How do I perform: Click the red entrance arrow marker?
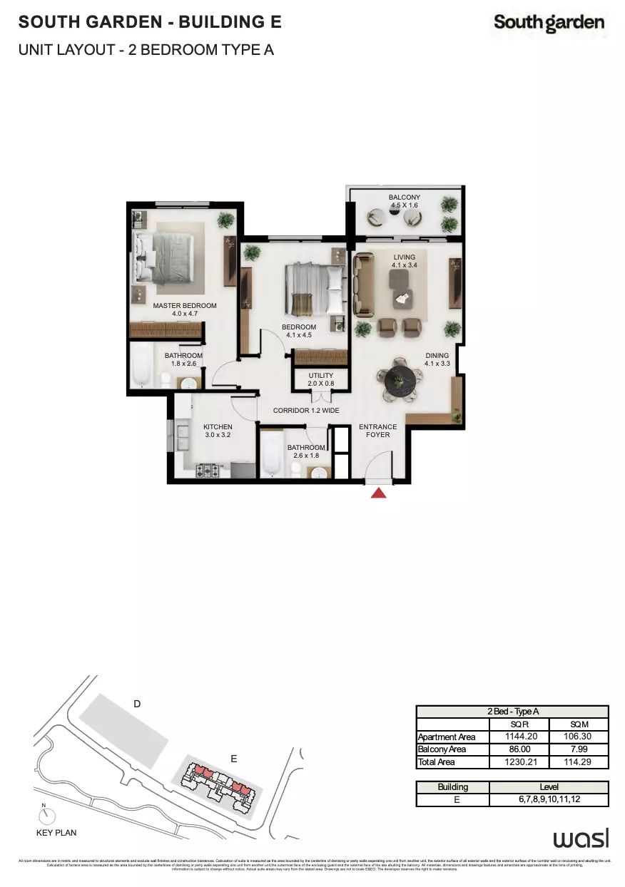tap(379, 491)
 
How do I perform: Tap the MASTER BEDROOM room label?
tap(185, 309)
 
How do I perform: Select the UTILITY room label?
tap(321, 379)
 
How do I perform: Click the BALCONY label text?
tap(405, 201)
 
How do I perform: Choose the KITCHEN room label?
tap(218, 431)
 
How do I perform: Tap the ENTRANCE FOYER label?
tap(377, 431)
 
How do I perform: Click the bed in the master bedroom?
tap(166, 256)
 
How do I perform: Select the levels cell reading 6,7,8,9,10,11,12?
tap(549, 800)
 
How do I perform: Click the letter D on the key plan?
tap(137, 704)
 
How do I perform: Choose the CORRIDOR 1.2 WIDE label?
tap(306, 411)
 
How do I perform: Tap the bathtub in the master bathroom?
tap(141, 366)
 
